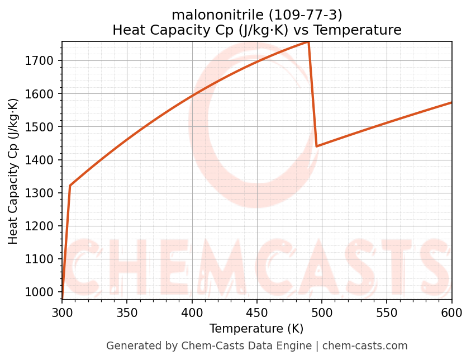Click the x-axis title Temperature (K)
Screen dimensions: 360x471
(256, 329)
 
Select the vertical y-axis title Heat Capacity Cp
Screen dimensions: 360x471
(13, 171)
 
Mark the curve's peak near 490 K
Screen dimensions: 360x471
(308, 42)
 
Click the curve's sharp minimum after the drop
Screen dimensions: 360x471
(317, 146)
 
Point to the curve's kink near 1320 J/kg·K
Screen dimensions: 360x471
(70, 186)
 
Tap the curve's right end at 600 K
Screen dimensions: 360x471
(451, 102)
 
